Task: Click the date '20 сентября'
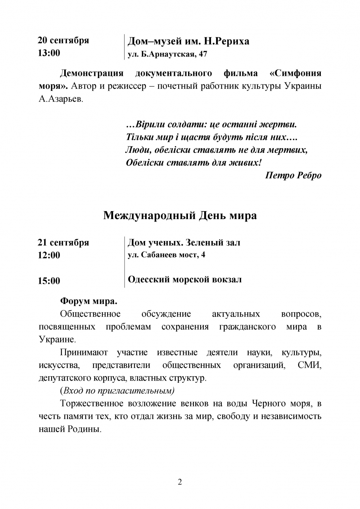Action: pos(63,40)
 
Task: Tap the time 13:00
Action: pos(49,53)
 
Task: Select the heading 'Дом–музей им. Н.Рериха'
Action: pos(188,41)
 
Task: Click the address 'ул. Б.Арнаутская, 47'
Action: pos(167,54)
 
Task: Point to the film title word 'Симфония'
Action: pos(296,73)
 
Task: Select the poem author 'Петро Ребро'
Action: pos(293,175)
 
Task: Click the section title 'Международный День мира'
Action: pos(180,215)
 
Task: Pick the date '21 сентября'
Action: pos(63,242)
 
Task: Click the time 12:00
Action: pos(49,255)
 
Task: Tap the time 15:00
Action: pos(49,281)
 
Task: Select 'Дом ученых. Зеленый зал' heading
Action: pos(184,243)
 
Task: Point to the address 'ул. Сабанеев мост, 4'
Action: pos(166,255)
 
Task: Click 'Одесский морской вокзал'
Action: pos(185,280)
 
